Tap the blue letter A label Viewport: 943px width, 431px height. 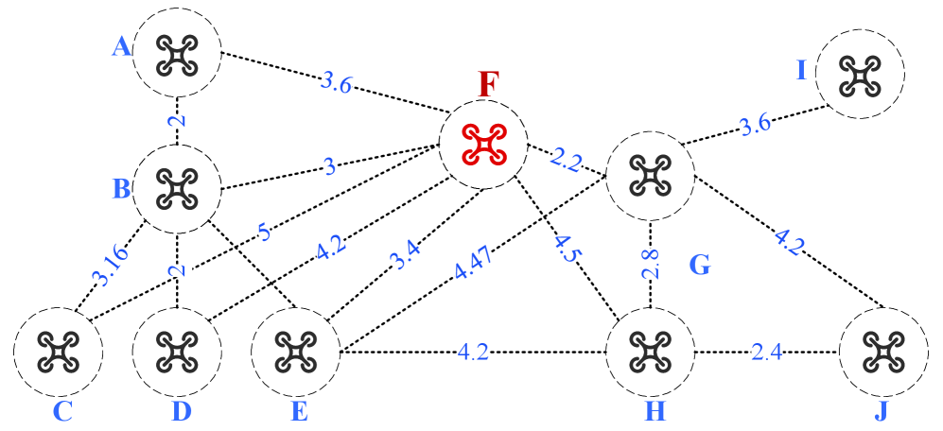tap(121, 46)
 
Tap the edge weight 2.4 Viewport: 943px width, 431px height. tap(766, 353)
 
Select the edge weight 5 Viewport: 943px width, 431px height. tap(264, 233)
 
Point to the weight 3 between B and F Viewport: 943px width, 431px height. tap(329, 167)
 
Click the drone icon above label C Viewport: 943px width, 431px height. tap(58, 351)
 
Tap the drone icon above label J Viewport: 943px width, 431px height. tap(883, 351)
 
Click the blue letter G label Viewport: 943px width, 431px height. tap(699, 265)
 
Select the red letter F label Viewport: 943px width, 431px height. tap(488, 85)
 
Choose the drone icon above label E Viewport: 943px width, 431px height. tap(295, 351)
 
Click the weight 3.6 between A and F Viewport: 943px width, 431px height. tap(336, 83)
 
